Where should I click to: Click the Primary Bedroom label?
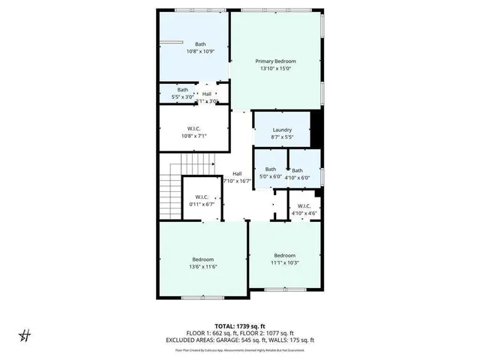coord(275,61)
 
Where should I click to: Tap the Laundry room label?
coord(282,130)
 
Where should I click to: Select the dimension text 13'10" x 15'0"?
coord(275,69)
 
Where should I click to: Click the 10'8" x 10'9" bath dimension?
coord(200,52)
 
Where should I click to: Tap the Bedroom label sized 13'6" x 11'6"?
coord(202,259)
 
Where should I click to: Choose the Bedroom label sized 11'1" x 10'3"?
coord(284,255)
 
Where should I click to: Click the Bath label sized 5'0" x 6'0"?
coord(270,169)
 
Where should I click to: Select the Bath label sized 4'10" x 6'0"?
coord(298,170)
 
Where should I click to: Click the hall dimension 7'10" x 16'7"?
coord(236,181)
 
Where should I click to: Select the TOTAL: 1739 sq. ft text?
coord(240,327)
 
